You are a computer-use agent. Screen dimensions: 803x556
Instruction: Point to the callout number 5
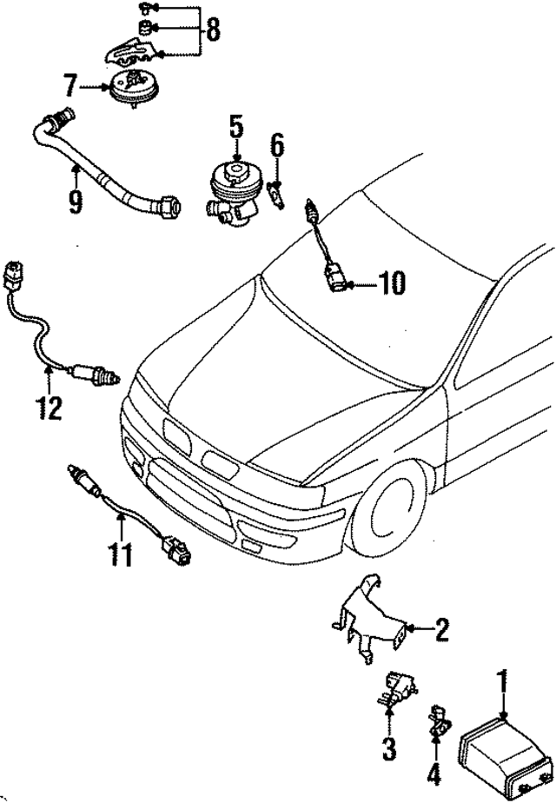tap(235, 128)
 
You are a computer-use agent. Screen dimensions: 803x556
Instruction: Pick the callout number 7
tap(69, 86)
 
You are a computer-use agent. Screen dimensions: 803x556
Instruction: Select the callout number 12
tap(49, 406)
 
